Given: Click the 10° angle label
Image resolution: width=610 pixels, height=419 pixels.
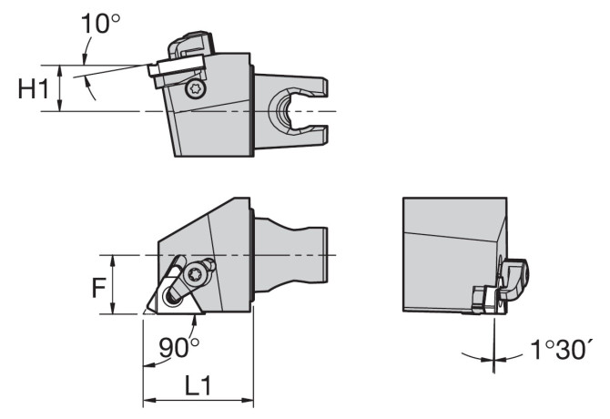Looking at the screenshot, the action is click(100, 23).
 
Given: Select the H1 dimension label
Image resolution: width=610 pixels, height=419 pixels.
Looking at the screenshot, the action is click(34, 88).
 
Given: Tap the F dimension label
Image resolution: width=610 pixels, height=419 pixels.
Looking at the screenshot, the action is click(99, 288).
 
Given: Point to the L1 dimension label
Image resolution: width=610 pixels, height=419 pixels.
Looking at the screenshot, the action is click(198, 385).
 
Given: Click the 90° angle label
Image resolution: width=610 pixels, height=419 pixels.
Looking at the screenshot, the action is click(179, 347).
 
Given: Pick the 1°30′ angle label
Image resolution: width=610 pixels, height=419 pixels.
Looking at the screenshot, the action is click(562, 350).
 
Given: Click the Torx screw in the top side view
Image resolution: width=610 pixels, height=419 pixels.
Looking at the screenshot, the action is click(196, 89).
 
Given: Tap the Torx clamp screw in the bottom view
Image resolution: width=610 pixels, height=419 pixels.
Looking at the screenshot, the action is click(195, 275).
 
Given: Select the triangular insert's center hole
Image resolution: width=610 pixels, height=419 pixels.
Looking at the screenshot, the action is click(171, 297).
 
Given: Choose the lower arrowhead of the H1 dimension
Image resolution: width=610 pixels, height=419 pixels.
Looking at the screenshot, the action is click(59, 105).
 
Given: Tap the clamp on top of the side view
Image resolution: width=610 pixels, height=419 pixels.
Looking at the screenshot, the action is click(191, 44).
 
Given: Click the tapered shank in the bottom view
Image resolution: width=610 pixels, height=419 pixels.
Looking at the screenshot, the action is click(290, 255).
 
